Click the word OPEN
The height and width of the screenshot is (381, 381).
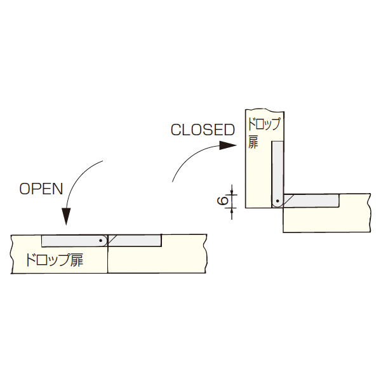pos(41,189)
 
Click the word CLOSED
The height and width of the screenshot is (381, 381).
pos(203,130)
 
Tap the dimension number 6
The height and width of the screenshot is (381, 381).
pos(223,201)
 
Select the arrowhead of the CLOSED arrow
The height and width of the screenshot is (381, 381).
pos(228,145)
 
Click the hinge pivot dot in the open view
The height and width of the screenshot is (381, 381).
pos(100,241)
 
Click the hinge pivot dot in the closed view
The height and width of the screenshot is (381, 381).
pos(277,201)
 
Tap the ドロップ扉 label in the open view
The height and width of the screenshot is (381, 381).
pos(55,260)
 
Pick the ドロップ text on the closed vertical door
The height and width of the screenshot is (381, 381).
pos(264,124)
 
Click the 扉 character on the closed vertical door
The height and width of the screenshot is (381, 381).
pos(253,142)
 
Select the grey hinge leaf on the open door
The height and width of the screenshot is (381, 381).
pos(74,241)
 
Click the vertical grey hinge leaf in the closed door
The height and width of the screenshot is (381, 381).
pos(277,174)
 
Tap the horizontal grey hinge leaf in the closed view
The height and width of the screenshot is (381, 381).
pos(311,201)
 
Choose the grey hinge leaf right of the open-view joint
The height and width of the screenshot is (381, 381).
pos(135,241)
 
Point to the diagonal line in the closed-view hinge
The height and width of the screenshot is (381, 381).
pos(289,200)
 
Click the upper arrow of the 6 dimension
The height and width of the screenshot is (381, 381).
pos(232,190)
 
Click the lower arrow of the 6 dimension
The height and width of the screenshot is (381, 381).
pos(232,213)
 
